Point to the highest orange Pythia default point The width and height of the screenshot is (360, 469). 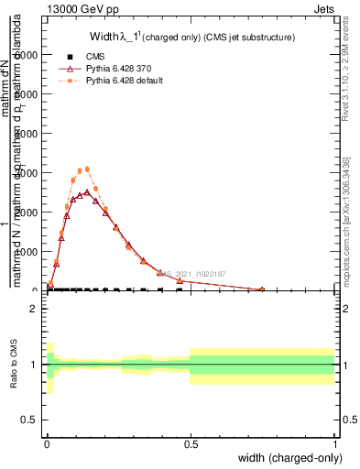point(87,169)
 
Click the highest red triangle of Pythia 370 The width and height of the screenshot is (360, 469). point(87,192)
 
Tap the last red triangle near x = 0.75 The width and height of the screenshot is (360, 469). point(262,289)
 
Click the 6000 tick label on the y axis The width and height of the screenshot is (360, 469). point(27,55)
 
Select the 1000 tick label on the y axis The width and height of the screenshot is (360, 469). point(27,251)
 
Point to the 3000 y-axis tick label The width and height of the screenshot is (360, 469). point(27,172)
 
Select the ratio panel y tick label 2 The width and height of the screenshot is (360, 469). point(34,309)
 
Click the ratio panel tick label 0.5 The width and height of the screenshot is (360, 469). point(30,420)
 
